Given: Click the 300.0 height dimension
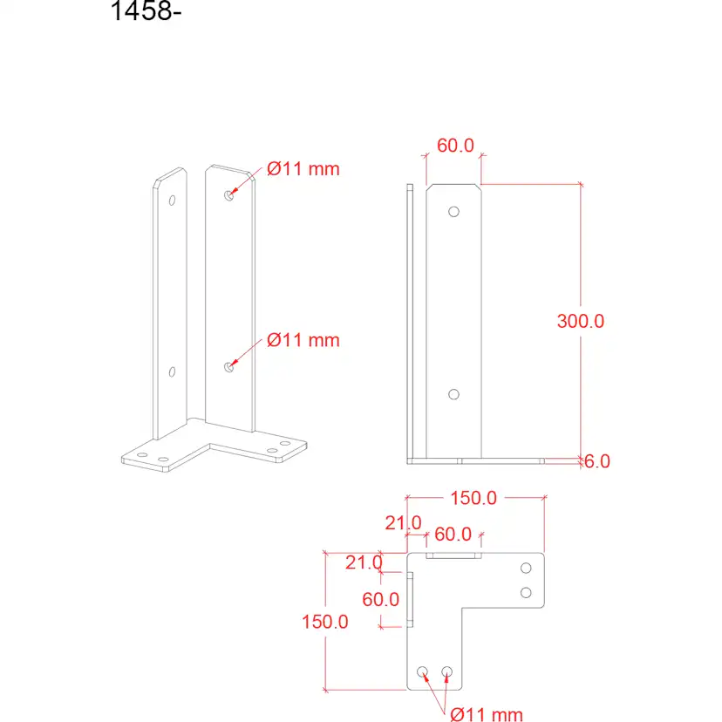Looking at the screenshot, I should pos(581,320).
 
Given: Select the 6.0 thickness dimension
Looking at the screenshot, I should pos(596,461).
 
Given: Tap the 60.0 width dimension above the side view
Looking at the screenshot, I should pos(455,146).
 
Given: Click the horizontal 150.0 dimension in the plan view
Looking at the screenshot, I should pos(473,498).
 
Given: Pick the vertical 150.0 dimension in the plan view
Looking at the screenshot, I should pos(325,622).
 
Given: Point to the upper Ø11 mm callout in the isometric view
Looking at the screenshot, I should pos(303,169).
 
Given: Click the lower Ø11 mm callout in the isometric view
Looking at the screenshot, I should pos(303,340).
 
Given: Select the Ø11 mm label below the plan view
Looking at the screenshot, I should pos(487,715).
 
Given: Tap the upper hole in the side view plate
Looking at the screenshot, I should pos(453,211).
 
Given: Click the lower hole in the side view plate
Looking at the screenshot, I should pos(453,394).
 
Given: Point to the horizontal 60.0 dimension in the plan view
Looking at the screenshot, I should pos(453,534).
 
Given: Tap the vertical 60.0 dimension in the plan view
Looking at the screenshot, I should pos(381,599).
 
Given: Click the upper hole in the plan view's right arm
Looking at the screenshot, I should pos(526,569).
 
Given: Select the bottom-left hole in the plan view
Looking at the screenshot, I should pos(423,671).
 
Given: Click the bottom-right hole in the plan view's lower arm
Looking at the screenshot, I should pos(447,671).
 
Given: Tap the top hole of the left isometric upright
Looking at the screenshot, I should pos(172,201).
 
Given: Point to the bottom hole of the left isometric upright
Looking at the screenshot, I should pos(172,372).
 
